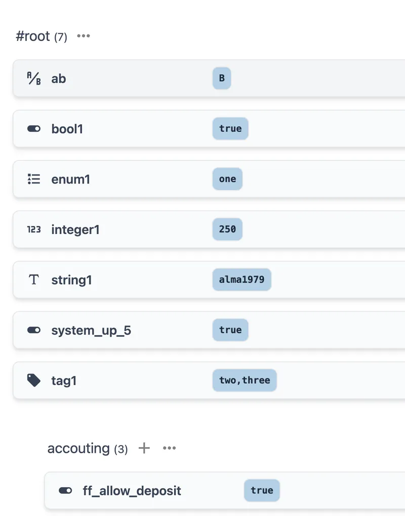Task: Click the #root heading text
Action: tap(33, 36)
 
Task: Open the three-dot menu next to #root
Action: tap(84, 36)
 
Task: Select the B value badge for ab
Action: tap(222, 78)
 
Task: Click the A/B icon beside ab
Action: tap(34, 79)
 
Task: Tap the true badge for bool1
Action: tap(230, 129)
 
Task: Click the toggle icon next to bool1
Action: tap(34, 129)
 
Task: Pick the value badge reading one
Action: tap(227, 179)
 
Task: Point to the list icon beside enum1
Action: tap(34, 179)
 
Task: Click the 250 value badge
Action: tap(227, 229)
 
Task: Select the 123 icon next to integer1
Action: tap(34, 229)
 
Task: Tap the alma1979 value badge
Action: tap(242, 279)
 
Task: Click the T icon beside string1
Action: tap(34, 279)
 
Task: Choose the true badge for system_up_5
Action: tap(230, 330)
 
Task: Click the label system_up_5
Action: tap(91, 331)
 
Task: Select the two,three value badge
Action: tap(245, 381)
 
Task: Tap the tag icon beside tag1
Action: tap(33, 381)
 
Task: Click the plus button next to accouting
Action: tap(144, 448)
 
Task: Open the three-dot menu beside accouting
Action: tap(170, 448)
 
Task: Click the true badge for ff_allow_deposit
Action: tap(262, 491)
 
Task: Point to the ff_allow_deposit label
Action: tap(132, 491)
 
